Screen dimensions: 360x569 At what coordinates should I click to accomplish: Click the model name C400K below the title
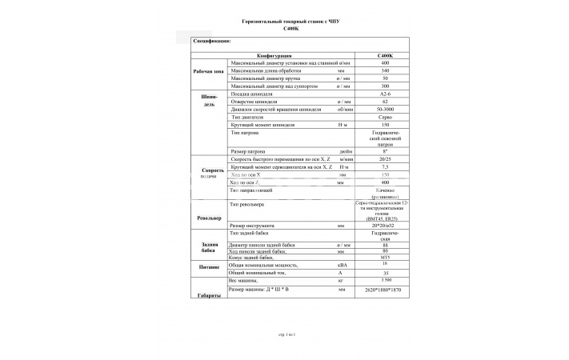291,29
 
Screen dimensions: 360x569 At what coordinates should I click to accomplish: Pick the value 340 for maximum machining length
386,70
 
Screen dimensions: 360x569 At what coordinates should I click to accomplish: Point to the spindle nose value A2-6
386,94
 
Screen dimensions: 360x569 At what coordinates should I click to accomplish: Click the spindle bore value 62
386,102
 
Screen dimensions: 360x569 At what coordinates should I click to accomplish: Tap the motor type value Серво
386,118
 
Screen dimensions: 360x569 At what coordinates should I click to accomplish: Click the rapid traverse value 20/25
386,159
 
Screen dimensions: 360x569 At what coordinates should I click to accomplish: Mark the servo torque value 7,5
386,167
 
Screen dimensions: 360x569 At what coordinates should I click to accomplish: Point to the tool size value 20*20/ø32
386,226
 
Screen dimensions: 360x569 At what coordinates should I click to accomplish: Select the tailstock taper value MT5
386,258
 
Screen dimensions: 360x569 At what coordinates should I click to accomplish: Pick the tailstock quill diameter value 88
386,244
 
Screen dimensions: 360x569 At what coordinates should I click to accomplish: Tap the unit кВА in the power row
343,265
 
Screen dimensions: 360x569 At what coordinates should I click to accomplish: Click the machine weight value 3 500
386,281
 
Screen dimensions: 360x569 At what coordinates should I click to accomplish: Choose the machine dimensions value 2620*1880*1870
386,289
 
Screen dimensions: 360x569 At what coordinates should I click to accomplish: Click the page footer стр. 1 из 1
286,331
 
